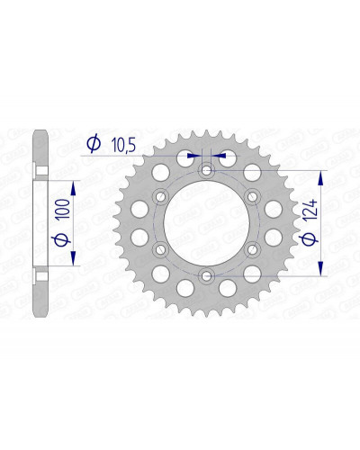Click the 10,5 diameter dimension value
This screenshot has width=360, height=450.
pyautogui.click(x=124, y=145)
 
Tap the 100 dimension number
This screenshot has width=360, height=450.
pyautogui.click(x=65, y=208)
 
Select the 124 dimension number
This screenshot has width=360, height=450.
pyautogui.click(x=310, y=210)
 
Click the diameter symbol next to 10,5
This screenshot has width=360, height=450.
pyautogui.click(x=94, y=143)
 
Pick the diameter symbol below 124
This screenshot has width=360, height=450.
pyautogui.click(x=310, y=239)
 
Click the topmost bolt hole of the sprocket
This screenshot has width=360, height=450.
pyautogui.click(x=206, y=171)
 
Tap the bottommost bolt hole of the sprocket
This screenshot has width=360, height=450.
pyautogui.click(x=206, y=275)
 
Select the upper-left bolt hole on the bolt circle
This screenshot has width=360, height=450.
pyautogui.click(x=161, y=197)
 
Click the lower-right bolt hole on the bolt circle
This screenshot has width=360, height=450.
pyautogui.click(x=252, y=249)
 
